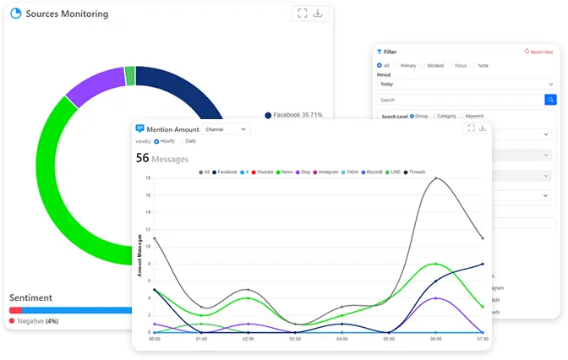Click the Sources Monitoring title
[x=66, y=14]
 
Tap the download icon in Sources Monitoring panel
[x=318, y=14]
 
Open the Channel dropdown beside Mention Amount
[x=227, y=129]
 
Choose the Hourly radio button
[x=156, y=141]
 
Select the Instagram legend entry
[x=325, y=172]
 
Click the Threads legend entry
[x=415, y=172]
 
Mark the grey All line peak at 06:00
[x=435, y=178]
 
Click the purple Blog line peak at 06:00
[x=435, y=297]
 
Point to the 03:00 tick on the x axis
[x=295, y=339]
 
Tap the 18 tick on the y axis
[x=147, y=178]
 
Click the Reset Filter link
[x=538, y=52]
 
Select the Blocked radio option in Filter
[x=433, y=66]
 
